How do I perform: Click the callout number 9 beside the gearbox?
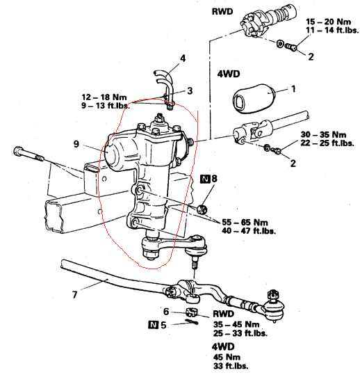point(76,144)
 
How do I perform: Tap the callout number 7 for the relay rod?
point(75,295)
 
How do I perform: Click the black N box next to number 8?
point(205,179)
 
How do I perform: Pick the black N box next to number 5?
point(153,325)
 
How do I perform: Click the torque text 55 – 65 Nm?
point(245,222)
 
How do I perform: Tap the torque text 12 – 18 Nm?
point(104,97)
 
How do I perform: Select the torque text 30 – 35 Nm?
point(323,134)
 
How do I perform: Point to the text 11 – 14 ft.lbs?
point(332,31)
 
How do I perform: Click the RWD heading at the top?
point(222,11)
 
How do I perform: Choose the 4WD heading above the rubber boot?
point(229,74)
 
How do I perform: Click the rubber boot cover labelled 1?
point(254,98)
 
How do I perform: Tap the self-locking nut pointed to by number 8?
point(202,209)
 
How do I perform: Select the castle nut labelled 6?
point(192,312)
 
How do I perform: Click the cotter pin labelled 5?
point(192,321)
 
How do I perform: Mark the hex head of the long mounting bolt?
point(18,151)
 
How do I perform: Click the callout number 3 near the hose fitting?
point(190,90)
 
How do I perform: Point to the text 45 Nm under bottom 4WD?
point(227,357)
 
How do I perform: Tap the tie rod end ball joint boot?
point(274,309)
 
